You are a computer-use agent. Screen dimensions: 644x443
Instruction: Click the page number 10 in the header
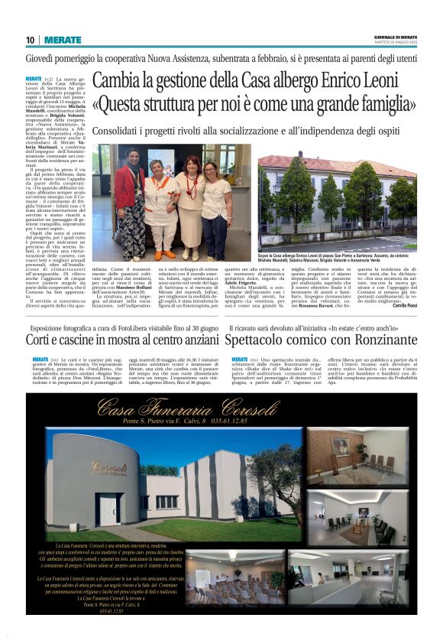pyautogui.click(x=30, y=40)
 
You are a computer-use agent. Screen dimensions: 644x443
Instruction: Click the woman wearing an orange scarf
pyautogui.click(x=161, y=207)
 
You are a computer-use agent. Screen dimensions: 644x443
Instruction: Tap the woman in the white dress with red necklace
pyautogui.click(x=189, y=203)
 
